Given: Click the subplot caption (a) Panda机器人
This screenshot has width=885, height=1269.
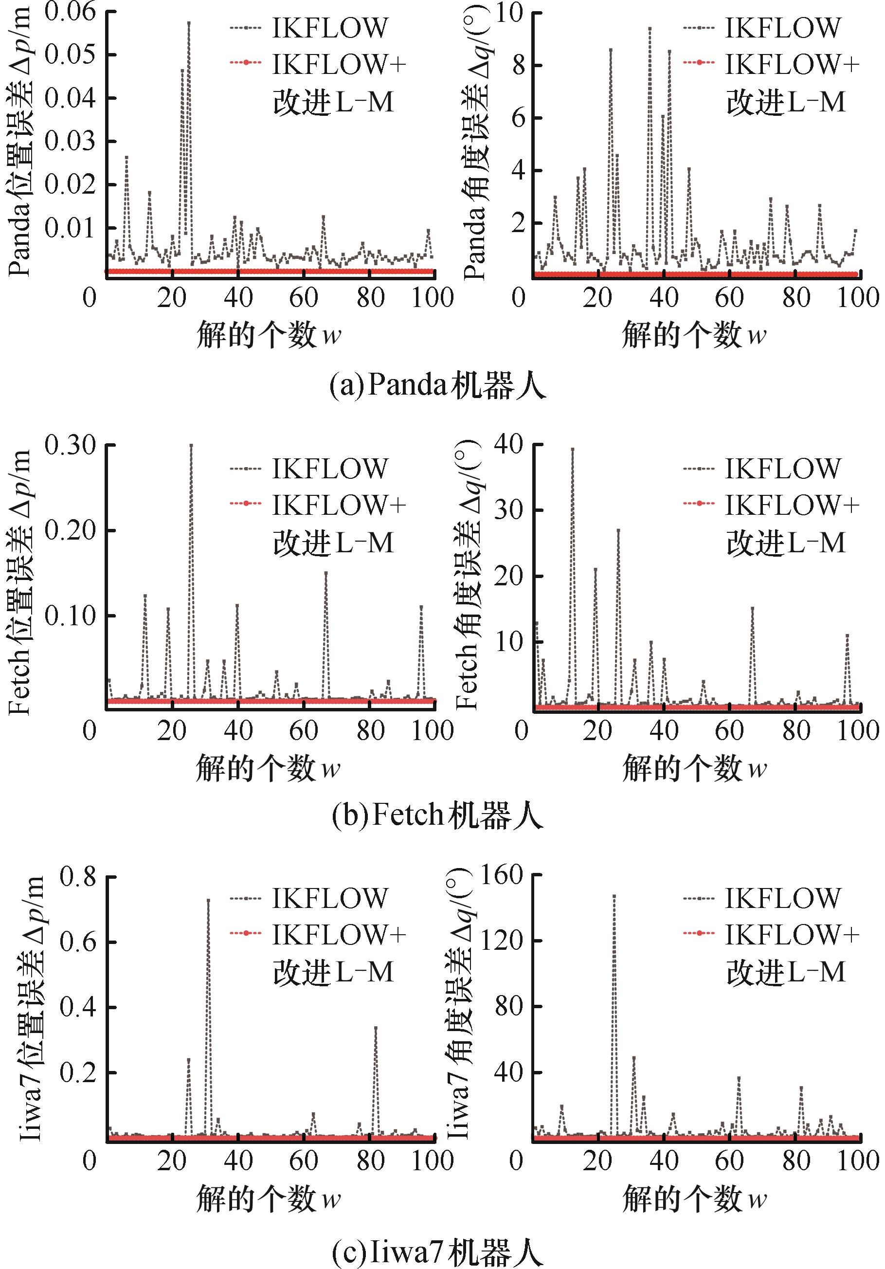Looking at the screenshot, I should [x=437, y=386].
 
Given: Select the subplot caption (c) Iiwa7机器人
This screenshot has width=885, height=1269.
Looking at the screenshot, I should [x=437, y=1252].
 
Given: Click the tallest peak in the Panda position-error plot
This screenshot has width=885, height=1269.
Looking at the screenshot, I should [x=188, y=23].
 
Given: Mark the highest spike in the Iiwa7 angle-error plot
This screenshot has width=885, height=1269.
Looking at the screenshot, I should [x=614, y=896].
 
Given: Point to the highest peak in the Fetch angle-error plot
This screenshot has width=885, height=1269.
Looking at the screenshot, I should [x=573, y=449].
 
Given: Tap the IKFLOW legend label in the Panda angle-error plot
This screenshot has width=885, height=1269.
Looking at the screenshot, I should [x=782, y=28].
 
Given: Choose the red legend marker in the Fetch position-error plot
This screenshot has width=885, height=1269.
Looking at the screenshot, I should [x=245, y=504].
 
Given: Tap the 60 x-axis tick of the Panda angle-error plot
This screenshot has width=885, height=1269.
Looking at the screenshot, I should [x=730, y=298].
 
